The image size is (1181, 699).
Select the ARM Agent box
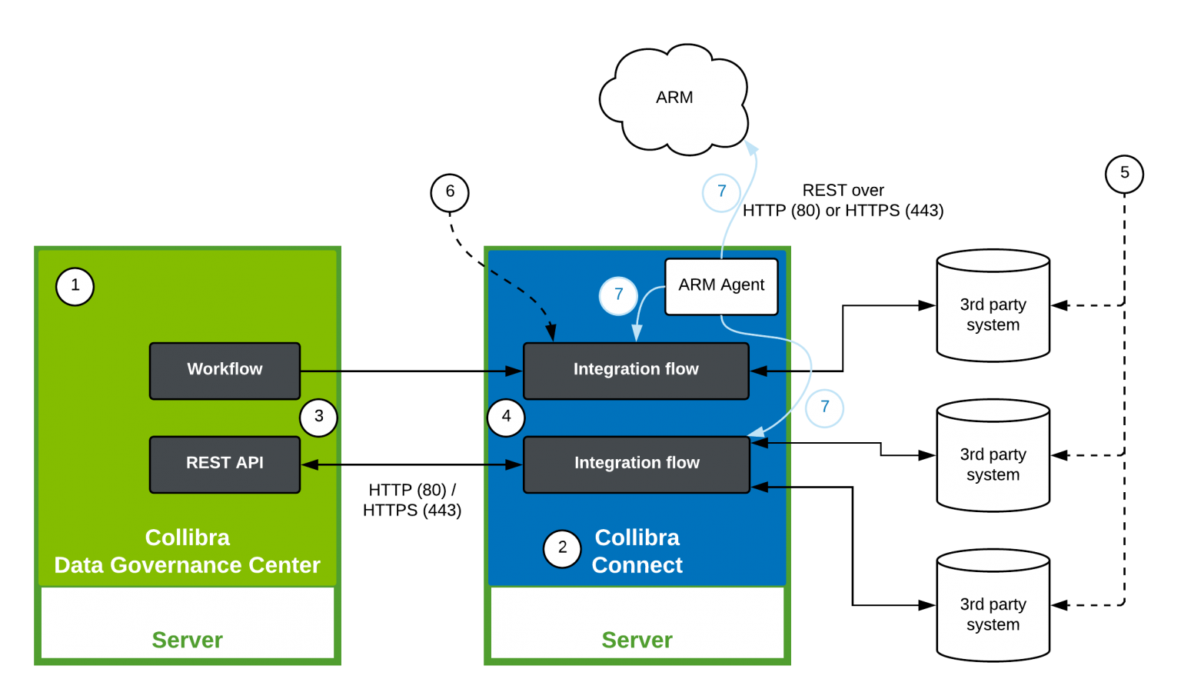pyautogui.click(x=721, y=286)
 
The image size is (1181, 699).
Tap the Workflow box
pyautogui.click(x=225, y=371)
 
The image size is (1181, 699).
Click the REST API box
pyautogui.click(x=225, y=464)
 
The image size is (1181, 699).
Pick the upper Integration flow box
pyautogui.click(x=636, y=371)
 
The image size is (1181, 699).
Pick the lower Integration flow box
pyautogui.click(x=636, y=464)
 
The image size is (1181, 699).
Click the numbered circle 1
pyautogui.click(x=75, y=286)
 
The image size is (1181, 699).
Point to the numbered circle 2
pyautogui.click(x=562, y=548)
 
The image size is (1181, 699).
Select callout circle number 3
pyautogui.click(x=318, y=418)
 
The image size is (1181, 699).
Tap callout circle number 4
pyautogui.click(x=506, y=418)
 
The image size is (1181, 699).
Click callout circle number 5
pyautogui.click(x=1124, y=174)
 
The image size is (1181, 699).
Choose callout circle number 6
pyautogui.click(x=450, y=192)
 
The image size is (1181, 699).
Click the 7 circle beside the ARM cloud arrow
pyautogui.click(x=721, y=192)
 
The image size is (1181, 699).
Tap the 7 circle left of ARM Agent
pyautogui.click(x=618, y=295)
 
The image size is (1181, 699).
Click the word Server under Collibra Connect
pyautogui.click(x=637, y=640)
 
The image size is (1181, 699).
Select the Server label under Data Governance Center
pyautogui.click(x=187, y=640)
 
